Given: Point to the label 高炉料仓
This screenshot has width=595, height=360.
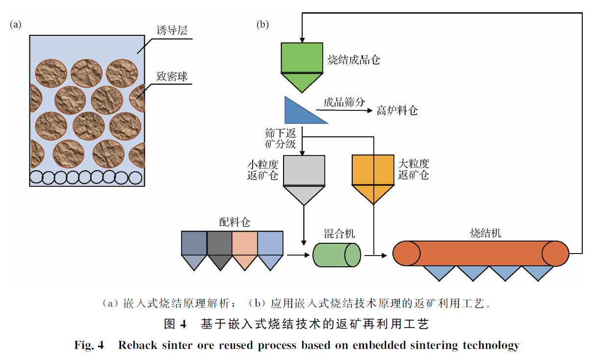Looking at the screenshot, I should [x=397, y=111].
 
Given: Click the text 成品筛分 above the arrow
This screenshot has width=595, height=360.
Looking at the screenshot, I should [x=344, y=102].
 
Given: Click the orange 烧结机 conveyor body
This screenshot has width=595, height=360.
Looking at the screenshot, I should [x=481, y=254].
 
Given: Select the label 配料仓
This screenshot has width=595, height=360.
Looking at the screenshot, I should [x=234, y=222].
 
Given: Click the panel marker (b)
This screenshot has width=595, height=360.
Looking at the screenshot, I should [x=263, y=25].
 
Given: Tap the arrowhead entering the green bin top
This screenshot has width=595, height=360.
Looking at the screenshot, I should [x=302, y=38].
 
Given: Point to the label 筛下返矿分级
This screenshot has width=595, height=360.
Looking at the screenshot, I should [x=281, y=138].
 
